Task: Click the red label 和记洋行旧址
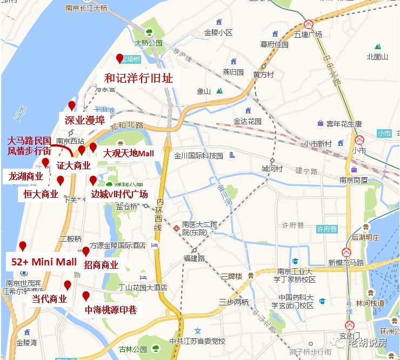(138, 78)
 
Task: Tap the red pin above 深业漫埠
(71, 106)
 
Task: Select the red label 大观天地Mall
(129, 154)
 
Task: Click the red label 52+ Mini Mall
(44, 262)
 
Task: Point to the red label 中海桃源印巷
(111, 310)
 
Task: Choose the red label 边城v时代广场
(119, 194)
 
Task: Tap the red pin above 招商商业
(85, 251)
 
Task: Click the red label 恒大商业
(41, 194)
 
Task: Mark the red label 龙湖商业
(25, 176)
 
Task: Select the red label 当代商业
(49, 299)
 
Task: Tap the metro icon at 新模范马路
(346, 252)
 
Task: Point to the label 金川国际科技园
(198, 156)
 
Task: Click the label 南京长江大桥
(86, 8)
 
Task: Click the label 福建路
(194, 258)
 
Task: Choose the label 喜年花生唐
(344, 124)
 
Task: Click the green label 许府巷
(326, 229)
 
